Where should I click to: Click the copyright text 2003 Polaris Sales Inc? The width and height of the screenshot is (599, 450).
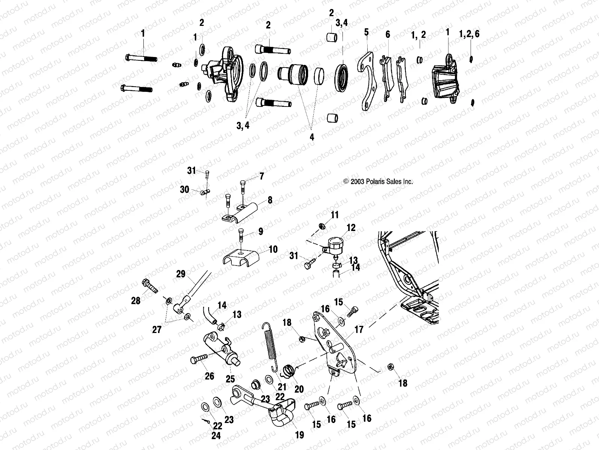pyautogui.click(x=378, y=181)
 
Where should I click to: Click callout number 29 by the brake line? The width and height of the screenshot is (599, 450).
pyautogui.click(x=181, y=274)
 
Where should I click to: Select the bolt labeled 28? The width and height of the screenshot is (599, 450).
pyautogui.click(x=150, y=286)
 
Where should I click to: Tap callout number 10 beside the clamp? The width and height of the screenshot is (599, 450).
pyautogui.click(x=273, y=249)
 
